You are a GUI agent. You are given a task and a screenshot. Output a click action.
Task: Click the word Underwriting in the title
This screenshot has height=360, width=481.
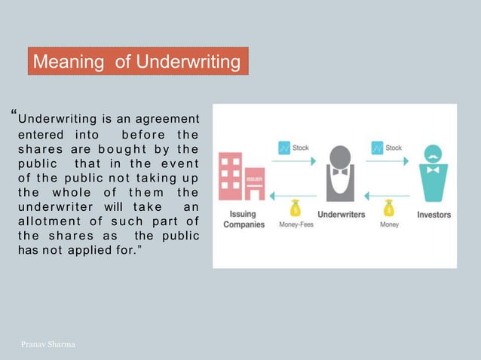coord(188,61)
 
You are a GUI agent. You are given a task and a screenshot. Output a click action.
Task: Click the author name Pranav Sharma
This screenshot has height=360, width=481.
coord(46,344)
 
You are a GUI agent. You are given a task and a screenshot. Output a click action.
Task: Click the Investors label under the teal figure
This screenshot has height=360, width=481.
coord(434,215)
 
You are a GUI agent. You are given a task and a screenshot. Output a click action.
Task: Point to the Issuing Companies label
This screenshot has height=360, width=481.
coord(240,219)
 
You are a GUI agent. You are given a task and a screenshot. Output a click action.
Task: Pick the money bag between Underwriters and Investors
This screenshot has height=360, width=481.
coord(389,206)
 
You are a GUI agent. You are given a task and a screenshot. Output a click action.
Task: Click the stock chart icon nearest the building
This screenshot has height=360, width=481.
coord(284,148)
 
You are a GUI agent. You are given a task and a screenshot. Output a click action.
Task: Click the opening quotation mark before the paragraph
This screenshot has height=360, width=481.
coord(14,116)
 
